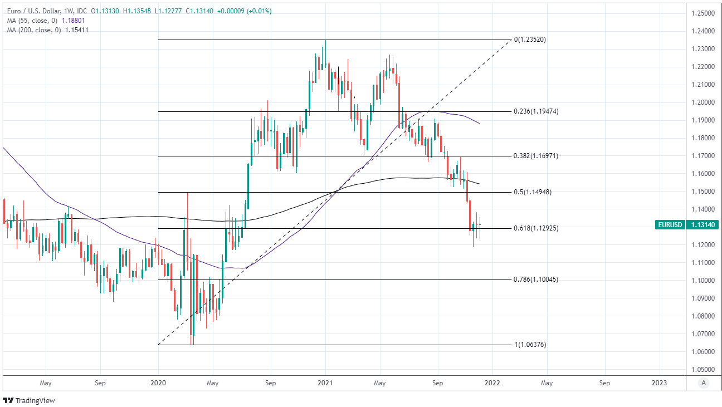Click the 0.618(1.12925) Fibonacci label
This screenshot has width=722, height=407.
(536, 228)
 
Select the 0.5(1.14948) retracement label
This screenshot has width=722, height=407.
(533, 192)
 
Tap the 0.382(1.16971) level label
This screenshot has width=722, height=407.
(536, 156)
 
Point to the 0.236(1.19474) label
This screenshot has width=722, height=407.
(536, 111)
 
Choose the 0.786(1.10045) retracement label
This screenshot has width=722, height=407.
(536, 279)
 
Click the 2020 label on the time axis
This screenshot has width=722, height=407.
(158, 383)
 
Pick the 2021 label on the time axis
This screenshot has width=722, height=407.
(325, 383)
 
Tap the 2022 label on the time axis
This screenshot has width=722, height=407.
(492, 383)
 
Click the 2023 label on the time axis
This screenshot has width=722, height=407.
(660, 383)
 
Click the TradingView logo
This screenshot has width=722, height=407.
(29, 400)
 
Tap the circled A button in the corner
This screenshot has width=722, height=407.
(704, 383)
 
